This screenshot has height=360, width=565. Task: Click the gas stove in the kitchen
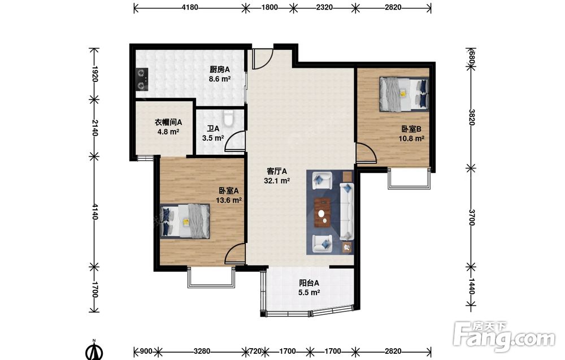click(x=142, y=79)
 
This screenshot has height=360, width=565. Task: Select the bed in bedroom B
click(x=404, y=94)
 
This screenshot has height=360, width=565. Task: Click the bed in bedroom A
click(x=185, y=222)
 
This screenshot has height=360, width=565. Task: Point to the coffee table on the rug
click(x=323, y=212)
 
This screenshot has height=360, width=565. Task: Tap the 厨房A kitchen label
click(x=219, y=70)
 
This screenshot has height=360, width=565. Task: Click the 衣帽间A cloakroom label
click(x=168, y=122)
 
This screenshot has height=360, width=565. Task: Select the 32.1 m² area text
click(x=277, y=181)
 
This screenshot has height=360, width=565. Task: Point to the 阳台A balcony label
click(x=309, y=283)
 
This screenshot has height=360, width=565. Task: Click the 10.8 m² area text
click(x=411, y=138)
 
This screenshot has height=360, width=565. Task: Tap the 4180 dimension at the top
click(x=189, y=7)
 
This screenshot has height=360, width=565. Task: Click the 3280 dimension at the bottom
click(x=202, y=351)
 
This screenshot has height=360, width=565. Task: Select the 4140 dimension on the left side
click(x=94, y=211)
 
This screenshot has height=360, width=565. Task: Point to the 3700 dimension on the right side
click(x=471, y=217)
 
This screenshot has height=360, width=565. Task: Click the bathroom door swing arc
click(x=234, y=141)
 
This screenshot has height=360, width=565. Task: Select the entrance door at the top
click(x=262, y=59)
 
